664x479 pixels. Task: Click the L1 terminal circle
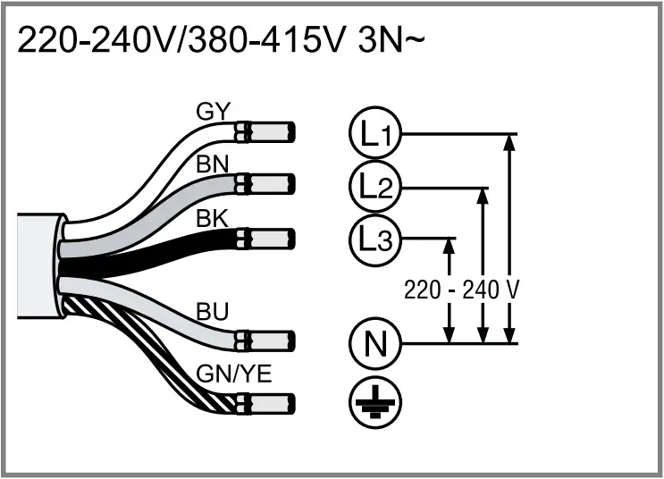[374, 135]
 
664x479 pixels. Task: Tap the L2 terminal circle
[374, 188]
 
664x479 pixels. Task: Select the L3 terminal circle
[374, 239]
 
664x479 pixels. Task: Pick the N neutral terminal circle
[374, 342]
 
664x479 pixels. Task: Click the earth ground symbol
[375, 401]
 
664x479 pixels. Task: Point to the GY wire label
[213, 113]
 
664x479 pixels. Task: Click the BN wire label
[213, 164]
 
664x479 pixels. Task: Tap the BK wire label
[213, 217]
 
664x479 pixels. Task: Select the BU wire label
[213, 313]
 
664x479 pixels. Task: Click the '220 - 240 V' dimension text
[462, 290]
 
